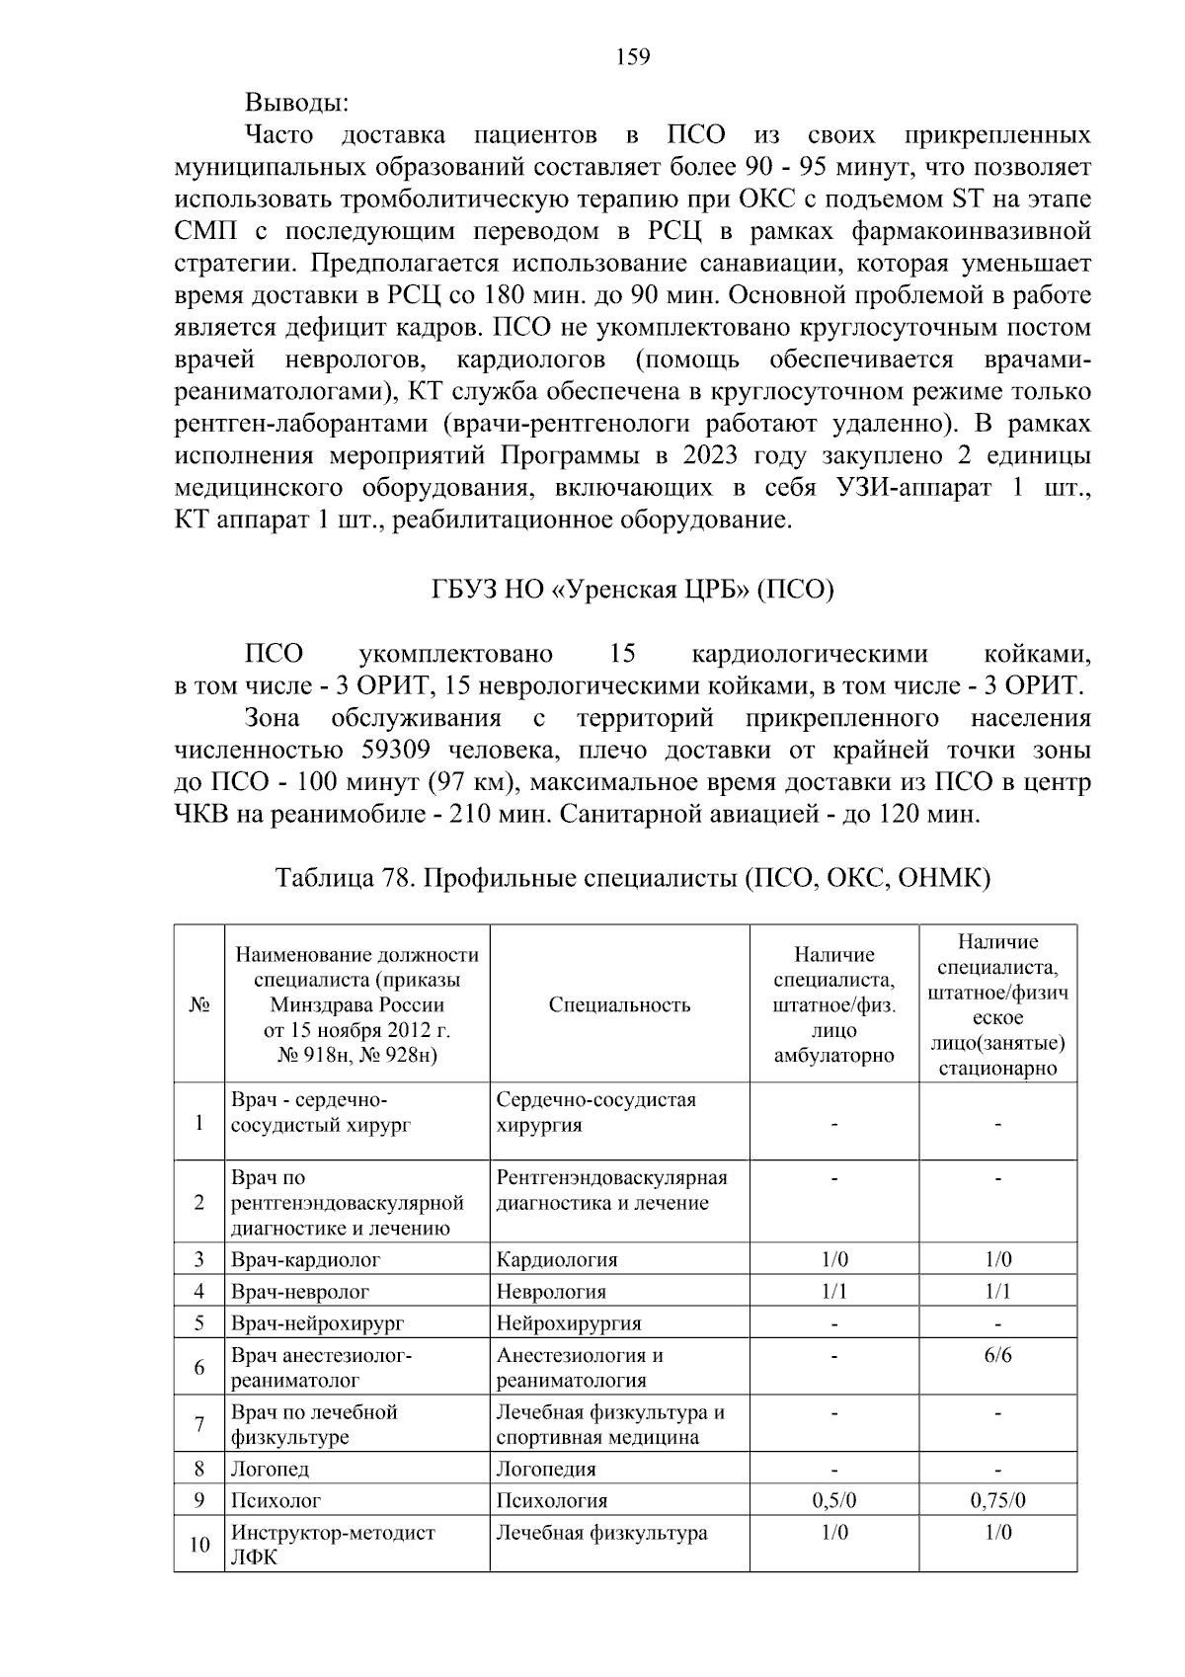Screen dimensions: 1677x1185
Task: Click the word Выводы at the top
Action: point(296,103)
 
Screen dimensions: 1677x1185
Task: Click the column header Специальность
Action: point(619,1005)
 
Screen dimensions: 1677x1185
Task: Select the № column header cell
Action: point(199,1005)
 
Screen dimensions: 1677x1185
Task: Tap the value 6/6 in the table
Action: point(997,1355)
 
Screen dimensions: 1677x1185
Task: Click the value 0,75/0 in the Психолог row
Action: point(997,1501)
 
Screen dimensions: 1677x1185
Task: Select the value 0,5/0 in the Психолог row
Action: point(834,1501)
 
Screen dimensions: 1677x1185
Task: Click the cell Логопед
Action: point(270,1470)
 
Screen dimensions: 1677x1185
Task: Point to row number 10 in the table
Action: point(199,1544)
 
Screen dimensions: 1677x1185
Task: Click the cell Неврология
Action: point(551,1292)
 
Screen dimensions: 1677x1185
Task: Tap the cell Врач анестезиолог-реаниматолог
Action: point(321,1368)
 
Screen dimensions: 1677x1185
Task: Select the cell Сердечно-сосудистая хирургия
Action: point(595,1112)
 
